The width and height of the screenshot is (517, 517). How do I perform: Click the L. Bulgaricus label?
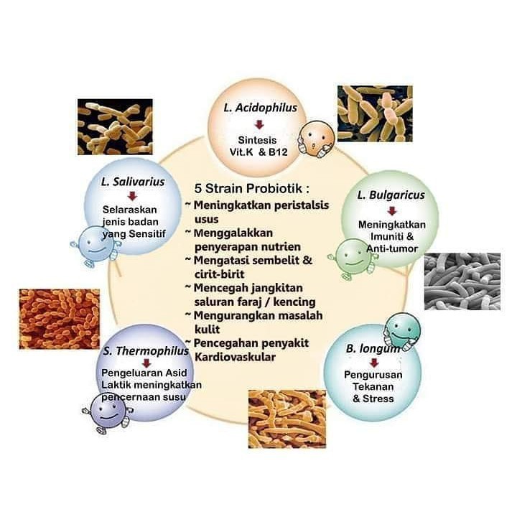391,195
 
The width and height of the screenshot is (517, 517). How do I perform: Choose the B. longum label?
373,349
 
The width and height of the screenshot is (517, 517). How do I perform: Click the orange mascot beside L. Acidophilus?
313,138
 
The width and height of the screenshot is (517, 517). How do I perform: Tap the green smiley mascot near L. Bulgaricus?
350,257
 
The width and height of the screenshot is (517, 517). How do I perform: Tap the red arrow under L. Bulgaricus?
391,211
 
